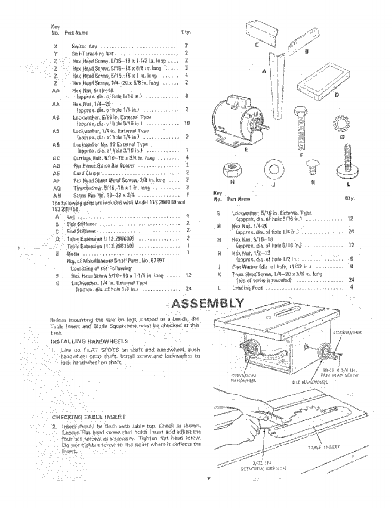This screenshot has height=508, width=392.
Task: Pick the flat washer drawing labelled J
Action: click(x=271, y=170)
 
